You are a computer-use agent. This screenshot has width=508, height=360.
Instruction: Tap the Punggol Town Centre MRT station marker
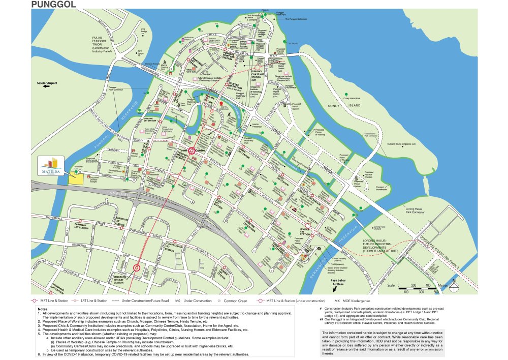click(192, 151)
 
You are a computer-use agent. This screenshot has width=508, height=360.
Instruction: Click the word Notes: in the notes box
click(43, 309)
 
